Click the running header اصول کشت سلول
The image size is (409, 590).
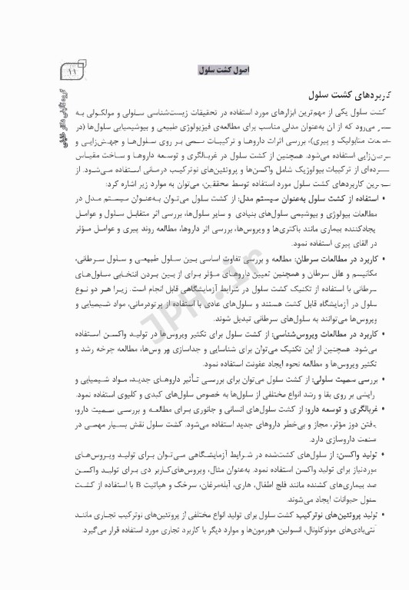(x=218, y=70)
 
